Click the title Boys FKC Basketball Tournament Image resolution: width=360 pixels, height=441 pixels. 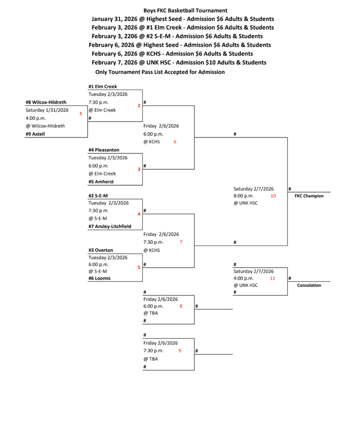pos(186,10)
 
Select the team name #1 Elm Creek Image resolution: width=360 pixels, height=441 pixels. pos(102,87)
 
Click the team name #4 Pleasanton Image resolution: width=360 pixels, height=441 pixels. pos(104,150)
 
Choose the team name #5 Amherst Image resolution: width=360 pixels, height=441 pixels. pos(101,182)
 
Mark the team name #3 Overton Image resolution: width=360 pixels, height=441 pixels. pos(101,250)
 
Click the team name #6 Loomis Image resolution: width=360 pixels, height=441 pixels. pos(100,278)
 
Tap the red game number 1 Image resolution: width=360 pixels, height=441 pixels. pos(81,113)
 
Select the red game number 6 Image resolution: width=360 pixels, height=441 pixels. pos(175,142)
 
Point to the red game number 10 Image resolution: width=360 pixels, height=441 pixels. pos(273,196)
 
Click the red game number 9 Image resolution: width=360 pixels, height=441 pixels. pos(180,351)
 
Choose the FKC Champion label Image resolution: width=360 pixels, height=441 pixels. pos(309,196)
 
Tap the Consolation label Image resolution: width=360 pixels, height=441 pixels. pos(309,285)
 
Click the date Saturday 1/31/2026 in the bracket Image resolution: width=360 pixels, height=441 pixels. pos(47,110)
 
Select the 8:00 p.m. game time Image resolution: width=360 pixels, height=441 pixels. pos(244,196)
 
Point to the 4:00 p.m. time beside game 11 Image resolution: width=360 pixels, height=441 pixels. pos(244,278)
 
